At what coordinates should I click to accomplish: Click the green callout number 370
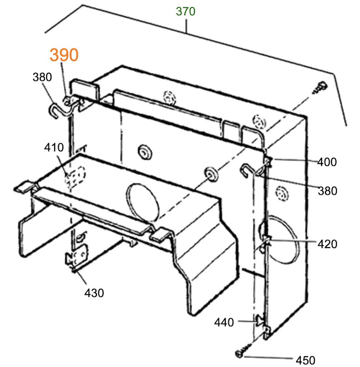(x=185, y=11)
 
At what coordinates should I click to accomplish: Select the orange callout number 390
(x=64, y=55)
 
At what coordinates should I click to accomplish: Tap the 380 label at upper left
(x=42, y=77)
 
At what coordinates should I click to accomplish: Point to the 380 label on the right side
(x=327, y=191)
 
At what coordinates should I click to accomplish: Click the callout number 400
(x=327, y=161)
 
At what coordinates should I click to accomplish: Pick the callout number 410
(x=54, y=147)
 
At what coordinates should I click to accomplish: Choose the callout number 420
(x=327, y=244)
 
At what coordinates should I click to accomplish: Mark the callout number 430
(x=94, y=293)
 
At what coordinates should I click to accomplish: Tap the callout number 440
(x=224, y=322)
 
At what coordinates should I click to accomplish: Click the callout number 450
(x=305, y=360)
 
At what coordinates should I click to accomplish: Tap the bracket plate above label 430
(x=76, y=259)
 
